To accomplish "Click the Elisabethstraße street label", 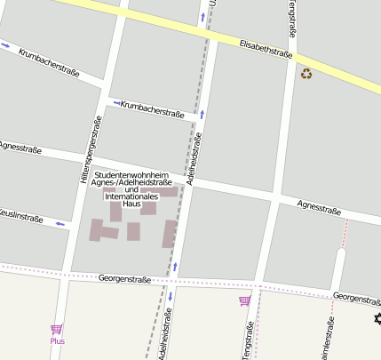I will (266, 48).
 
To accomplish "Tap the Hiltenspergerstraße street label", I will (88, 150).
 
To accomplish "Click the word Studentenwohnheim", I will (131, 175).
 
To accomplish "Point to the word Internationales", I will (131, 196).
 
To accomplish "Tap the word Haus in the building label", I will (131, 204).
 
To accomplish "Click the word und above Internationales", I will (131, 189).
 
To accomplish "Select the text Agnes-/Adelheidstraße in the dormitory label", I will (131, 182).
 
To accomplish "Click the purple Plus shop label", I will (57, 340).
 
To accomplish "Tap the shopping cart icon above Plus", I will (57, 330).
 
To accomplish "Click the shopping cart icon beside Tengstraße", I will (244, 300).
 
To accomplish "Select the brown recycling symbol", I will (306, 74).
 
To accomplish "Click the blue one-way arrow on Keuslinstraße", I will (60, 224).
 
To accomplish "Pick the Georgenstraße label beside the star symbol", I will (355, 298).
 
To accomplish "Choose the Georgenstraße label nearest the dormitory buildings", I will (124, 278).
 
